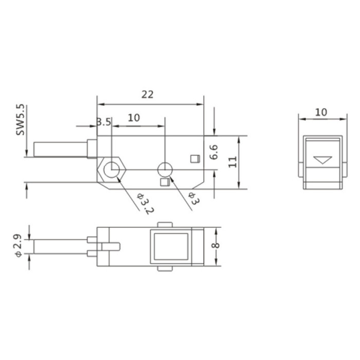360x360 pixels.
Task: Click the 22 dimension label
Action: [147, 94]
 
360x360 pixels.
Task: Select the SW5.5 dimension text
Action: [20, 120]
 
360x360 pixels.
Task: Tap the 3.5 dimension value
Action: [104, 122]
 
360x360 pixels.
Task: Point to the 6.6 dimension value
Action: [214, 152]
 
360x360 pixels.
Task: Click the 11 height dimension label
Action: [232, 162]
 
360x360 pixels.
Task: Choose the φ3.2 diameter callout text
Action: [145, 203]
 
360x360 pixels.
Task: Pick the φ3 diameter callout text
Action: [194, 198]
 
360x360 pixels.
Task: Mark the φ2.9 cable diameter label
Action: [18, 245]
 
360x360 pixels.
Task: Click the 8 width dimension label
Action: [215, 245]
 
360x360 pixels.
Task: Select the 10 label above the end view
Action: [321, 112]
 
